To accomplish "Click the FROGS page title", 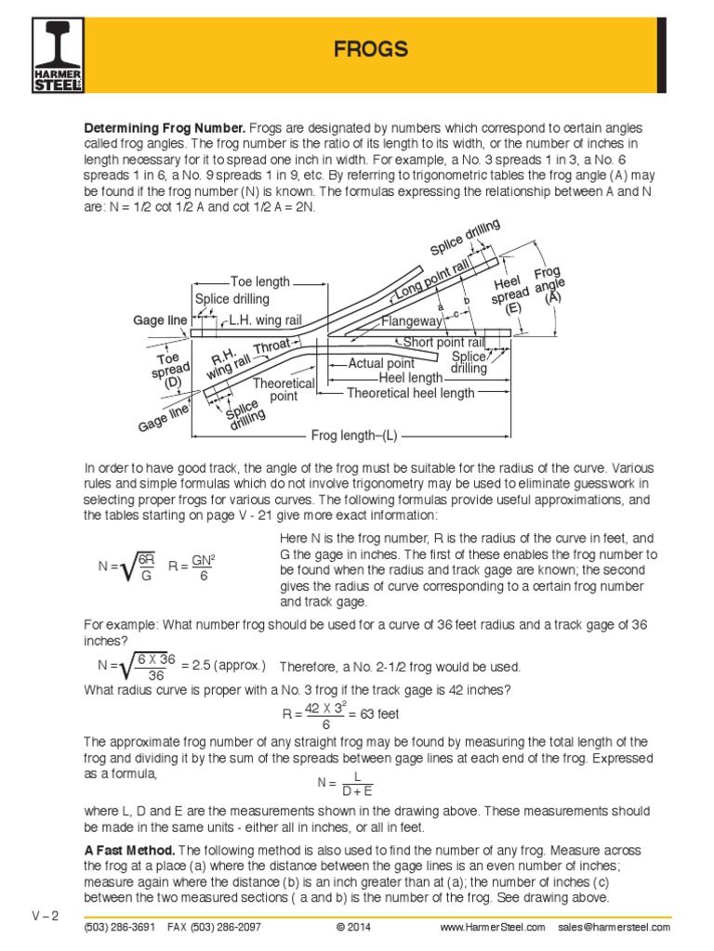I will (x=371, y=49).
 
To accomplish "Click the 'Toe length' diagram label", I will (x=260, y=281).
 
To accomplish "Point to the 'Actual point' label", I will (x=381, y=363).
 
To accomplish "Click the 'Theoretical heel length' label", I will (x=410, y=393).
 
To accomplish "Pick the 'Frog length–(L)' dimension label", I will (x=353, y=435).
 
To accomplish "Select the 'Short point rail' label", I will (x=444, y=343).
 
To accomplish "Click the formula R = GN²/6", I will (x=192, y=566).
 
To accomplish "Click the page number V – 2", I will (x=44, y=916).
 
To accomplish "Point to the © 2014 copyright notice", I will (x=359, y=927).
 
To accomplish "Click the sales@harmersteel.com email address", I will (x=615, y=927).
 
